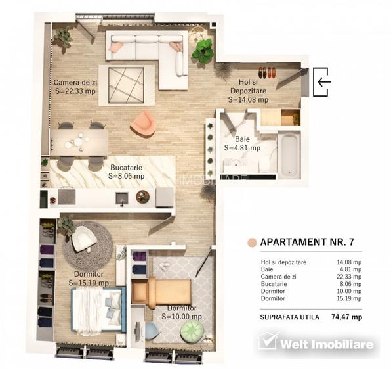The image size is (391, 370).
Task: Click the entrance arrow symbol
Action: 322,81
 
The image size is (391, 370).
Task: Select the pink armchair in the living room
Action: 142,123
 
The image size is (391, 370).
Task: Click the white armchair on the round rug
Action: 83,239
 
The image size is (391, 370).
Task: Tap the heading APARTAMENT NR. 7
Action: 307,242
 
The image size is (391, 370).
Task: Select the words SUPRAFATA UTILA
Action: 290,317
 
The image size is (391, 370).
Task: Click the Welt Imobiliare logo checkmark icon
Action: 268,342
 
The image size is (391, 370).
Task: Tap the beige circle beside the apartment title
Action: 251,242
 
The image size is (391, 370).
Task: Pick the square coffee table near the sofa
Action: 127,83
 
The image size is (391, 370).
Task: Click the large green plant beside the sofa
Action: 203,51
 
